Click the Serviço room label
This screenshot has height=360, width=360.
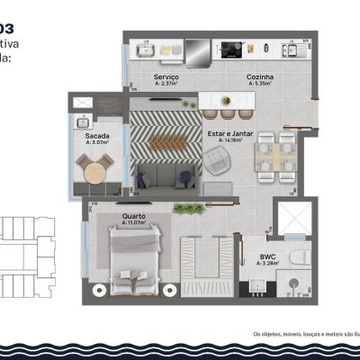click(165, 78)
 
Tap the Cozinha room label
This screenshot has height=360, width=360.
click(260, 78)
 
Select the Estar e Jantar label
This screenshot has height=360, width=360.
click(229, 134)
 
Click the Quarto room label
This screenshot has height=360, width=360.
click(135, 215)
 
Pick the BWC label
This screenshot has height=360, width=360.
click(269, 256)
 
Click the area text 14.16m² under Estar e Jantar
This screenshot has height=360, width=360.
click(230, 141)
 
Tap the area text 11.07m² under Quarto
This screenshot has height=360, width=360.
click(135, 222)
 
